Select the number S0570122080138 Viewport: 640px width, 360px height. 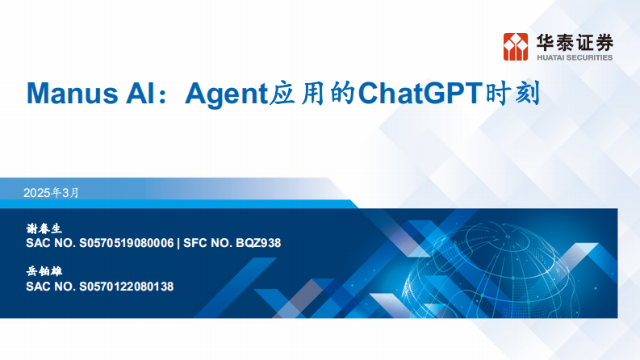(128, 287)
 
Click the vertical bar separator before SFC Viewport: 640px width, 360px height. (178, 243)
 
